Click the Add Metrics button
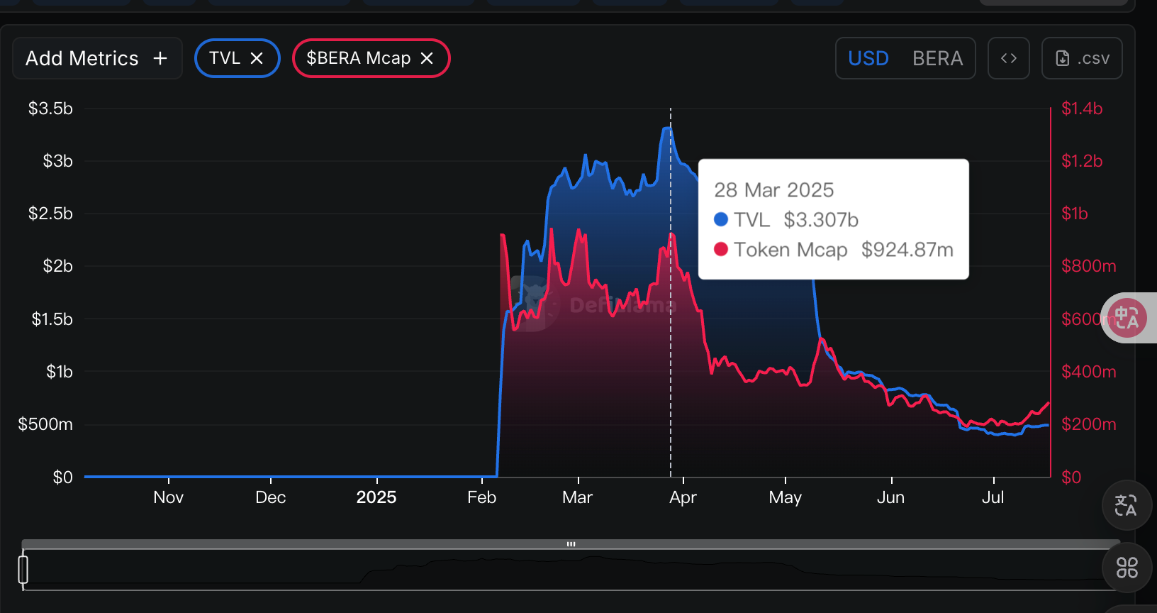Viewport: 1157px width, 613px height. point(97,58)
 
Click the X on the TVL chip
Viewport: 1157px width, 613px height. point(257,58)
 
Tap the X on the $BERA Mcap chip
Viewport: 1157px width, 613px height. point(427,58)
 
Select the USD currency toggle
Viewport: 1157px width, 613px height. point(868,58)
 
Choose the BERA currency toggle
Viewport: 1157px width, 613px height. point(937,58)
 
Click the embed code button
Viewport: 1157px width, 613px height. point(1008,58)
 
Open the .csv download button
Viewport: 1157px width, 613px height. point(1082,58)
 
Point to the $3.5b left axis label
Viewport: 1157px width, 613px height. point(50,109)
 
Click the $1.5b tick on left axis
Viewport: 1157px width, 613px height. point(52,319)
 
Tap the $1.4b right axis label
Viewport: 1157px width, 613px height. point(1082,109)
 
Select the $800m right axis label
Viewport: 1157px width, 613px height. point(1088,266)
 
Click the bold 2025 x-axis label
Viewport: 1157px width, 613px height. point(376,497)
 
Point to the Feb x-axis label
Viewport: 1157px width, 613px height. point(481,497)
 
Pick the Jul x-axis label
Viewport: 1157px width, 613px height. point(993,497)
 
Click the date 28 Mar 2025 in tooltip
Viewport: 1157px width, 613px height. point(773,190)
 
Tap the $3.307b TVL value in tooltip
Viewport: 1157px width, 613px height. point(821,220)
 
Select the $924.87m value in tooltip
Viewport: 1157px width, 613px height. point(907,250)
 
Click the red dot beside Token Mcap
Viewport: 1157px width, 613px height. point(721,250)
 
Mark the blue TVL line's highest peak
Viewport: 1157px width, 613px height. point(667,128)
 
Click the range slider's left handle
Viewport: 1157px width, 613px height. point(23,570)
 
